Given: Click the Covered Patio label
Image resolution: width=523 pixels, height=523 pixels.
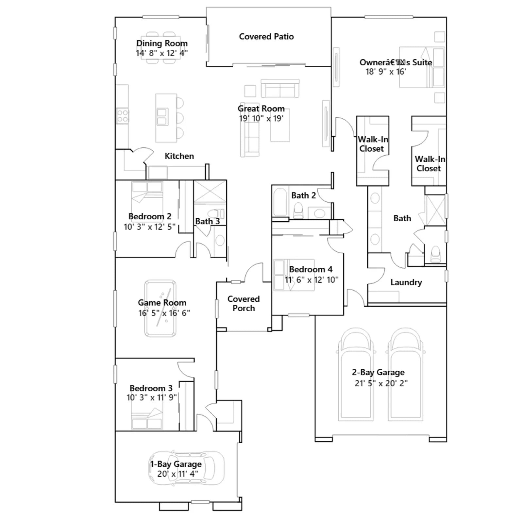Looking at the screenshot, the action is pyautogui.click(x=266, y=37).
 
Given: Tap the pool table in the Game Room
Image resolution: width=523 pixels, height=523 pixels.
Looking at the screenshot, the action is pyautogui.click(x=160, y=308).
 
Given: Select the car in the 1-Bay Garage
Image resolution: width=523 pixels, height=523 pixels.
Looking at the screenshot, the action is pyautogui.click(x=186, y=468).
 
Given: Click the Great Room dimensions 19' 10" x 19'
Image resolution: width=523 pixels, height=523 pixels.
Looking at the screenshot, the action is pyautogui.click(x=261, y=119).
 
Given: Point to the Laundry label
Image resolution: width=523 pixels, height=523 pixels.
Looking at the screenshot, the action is pyautogui.click(x=406, y=282).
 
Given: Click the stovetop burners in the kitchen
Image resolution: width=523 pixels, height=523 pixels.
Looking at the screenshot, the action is pyautogui.click(x=123, y=116).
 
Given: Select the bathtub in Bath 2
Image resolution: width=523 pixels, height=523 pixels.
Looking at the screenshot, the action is pyautogui.click(x=280, y=202).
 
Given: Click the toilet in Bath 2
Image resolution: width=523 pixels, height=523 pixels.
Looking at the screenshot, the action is pyautogui.click(x=298, y=211).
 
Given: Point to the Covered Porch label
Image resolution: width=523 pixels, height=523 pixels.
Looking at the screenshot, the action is pyautogui.click(x=244, y=304).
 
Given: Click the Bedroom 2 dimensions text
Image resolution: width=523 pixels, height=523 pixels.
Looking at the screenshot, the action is pyautogui.click(x=149, y=227).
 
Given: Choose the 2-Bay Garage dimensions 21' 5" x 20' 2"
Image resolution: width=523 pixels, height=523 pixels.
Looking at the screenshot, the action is pyautogui.click(x=381, y=383).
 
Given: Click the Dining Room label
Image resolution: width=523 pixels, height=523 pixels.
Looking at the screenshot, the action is pyautogui.click(x=162, y=43).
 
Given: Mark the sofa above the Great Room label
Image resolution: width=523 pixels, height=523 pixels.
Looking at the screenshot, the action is pyautogui.click(x=280, y=89).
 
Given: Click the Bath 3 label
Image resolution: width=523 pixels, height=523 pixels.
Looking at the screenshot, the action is pyautogui.click(x=207, y=221).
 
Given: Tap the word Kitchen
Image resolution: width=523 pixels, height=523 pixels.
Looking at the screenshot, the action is pyautogui.click(x=179, y=156).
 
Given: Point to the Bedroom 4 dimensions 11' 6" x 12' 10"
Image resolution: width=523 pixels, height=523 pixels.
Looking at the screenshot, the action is pyautogui.click(x=312, y=280).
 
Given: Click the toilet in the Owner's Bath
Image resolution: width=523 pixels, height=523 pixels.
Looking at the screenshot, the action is pyautogui.click(x=436, y=254).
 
